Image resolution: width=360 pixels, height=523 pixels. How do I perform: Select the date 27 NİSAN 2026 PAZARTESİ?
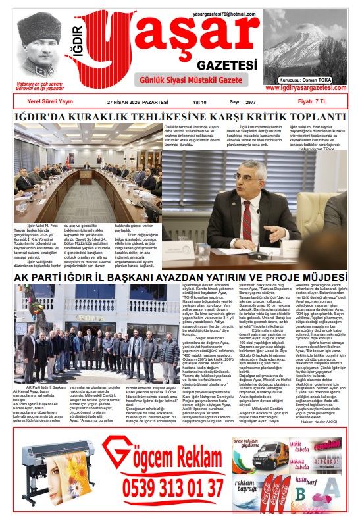(137, 103)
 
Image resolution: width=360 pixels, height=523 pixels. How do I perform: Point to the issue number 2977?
(251, 103)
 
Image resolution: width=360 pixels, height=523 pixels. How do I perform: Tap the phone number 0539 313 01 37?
(172, 488)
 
